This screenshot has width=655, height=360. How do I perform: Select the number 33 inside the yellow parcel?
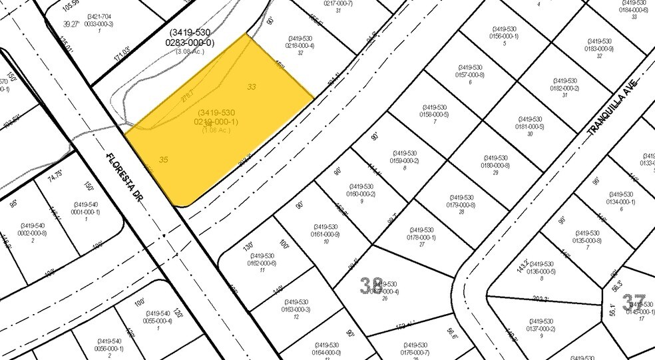(x=252, y=87)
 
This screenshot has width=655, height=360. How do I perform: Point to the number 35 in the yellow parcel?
(x=164, y=160)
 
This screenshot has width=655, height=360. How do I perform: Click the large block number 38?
(x=371, y=286)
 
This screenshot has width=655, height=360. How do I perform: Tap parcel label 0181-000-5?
(x=530, y=126)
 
